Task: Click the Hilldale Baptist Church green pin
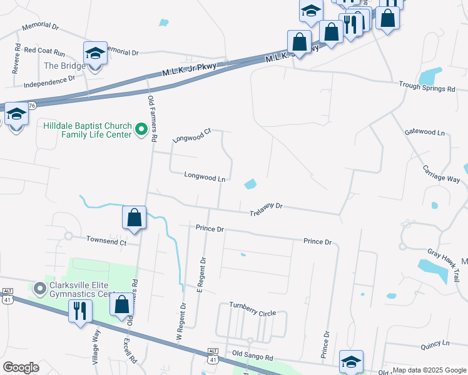(x=141, y=131)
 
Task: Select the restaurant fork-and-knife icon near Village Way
(x=80, y=311)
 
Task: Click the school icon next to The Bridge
(x=95, y=54)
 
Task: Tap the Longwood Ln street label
(x=204, y=177)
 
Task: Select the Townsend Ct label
(x=106, y=241)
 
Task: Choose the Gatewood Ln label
(x=424, y=132)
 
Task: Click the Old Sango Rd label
(x=252, y=356)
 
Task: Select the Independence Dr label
(x=49, y=81)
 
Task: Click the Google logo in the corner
(x=21, y=367)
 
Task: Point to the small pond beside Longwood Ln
(x=250, y=184)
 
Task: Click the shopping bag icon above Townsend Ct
(x=135, y=218)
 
